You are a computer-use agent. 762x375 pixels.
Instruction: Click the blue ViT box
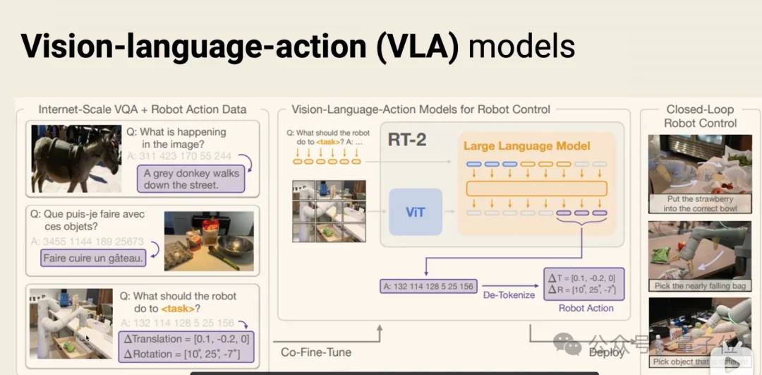[415, 212]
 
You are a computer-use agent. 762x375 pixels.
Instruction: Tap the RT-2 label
[407, 139]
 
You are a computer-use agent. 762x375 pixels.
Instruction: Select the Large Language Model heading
[526, 146]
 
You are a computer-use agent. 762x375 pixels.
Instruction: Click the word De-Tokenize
[509, 296]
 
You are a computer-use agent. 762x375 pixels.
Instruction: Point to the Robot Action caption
[586, 308]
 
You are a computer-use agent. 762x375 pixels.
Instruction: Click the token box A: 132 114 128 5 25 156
[428, 286]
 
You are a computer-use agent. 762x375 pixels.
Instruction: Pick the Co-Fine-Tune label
[315, 352]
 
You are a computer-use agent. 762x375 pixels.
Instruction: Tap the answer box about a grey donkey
[191, 179]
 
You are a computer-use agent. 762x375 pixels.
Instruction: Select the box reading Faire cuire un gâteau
[93, 258]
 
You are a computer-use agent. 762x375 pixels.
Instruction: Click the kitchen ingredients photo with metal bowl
[208, 241]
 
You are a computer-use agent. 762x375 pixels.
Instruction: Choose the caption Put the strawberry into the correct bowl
[700, 203]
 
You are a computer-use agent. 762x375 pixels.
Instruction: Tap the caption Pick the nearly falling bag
[700, 286]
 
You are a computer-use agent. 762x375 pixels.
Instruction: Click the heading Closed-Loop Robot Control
[700, 116]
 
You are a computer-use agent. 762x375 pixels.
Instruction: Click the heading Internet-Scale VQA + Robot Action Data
[143, 109]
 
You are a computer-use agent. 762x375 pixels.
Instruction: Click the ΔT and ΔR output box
[586, 284]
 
